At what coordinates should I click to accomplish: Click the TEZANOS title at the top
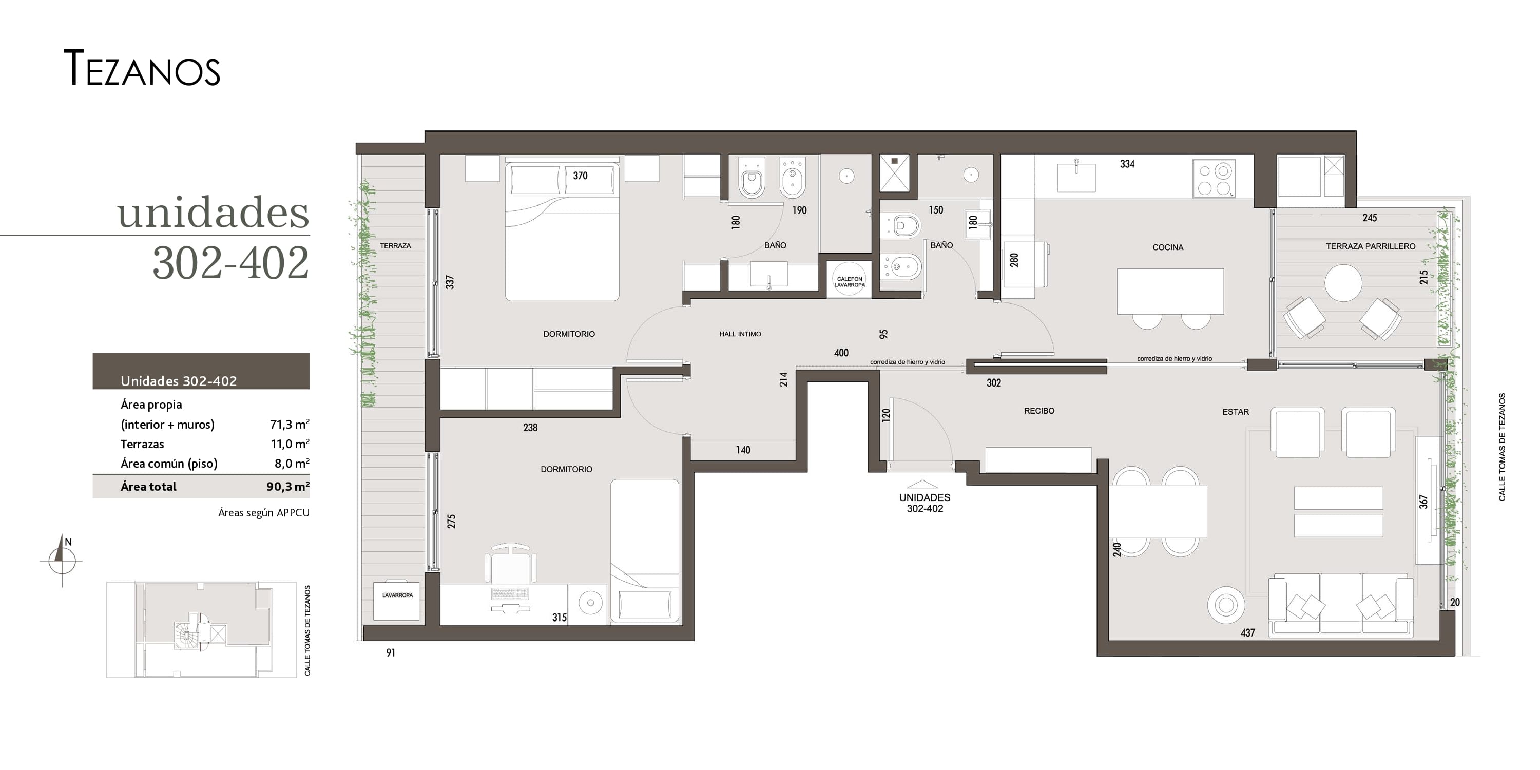pos(142,68)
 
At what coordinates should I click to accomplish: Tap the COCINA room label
pos(1167,247)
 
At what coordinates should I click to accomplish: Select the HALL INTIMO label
pos(740,334)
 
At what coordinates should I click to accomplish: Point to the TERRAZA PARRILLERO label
pos(1370,246)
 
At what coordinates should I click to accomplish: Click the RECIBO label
pos(1039,411)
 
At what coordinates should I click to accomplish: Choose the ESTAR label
pos(1236,412)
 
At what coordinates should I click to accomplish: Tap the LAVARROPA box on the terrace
pos(396,600)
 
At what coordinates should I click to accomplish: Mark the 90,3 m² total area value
pos(288,486)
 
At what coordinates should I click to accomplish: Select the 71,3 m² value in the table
pos(290,424)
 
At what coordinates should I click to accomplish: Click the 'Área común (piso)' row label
pos(169,464)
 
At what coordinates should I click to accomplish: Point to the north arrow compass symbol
pos(62,560)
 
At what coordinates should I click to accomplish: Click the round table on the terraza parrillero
pos(1343,283)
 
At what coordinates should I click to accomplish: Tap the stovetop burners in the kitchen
pos(1214,178)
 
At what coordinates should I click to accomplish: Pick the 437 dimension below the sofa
pos(1248,632)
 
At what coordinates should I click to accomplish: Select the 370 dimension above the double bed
pos(580,176)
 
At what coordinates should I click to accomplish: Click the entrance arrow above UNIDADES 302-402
pos(922,484)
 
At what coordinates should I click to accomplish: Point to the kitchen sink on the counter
pos(1076,177)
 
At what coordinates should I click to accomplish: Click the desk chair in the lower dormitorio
pos(510,563)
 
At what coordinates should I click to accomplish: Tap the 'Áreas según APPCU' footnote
pos(264,512)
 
